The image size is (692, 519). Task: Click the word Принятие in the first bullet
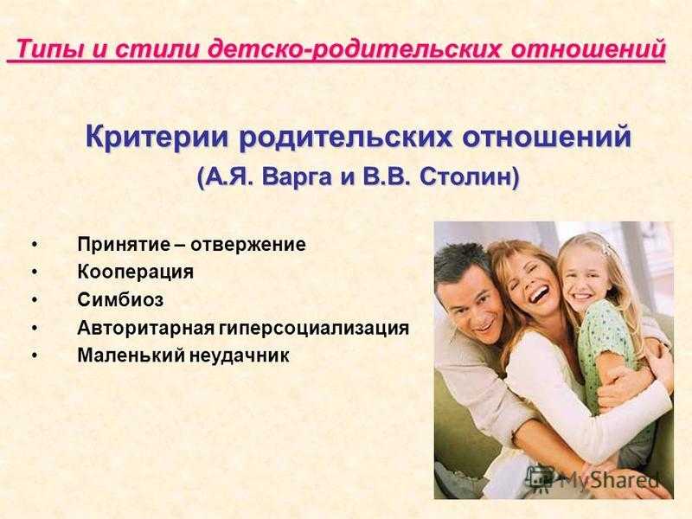tap(124, 245)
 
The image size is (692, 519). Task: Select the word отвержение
tap(248, 245)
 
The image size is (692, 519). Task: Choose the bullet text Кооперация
tap(136, 272)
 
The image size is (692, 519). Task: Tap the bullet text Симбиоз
tap(120, 299)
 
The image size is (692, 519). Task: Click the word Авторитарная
tap(145, 328)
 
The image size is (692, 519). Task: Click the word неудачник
tap(240, 356)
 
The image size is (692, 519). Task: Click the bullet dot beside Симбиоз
tap(35, 300)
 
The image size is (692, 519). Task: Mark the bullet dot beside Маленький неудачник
tap(35, 356)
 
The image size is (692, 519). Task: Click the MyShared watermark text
tap(610, 479)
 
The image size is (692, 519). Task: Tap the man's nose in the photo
tap(481, 315)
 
